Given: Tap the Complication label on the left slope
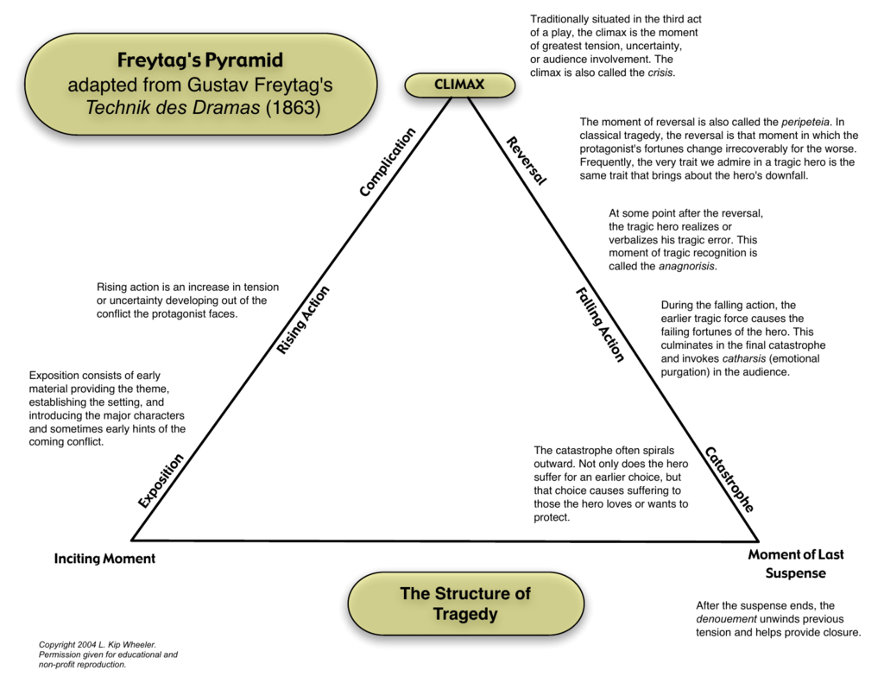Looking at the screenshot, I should [388, 161].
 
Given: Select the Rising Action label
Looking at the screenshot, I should [303, 319].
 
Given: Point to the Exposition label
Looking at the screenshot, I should [161, 480].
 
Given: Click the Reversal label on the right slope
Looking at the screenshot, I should [526, 161].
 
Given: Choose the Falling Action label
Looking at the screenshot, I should [599, 324].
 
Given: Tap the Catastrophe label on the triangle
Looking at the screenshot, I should [729, 479].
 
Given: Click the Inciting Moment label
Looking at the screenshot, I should [104, 559].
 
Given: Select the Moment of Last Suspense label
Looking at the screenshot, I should [795, 564].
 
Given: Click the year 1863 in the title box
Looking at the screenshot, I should [293, 109].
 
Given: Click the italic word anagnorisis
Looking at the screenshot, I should [687, 267].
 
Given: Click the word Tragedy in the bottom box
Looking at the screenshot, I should [465, 614].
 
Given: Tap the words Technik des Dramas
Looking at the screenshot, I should [172, 109].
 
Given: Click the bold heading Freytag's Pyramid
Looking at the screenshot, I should [200, 60].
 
